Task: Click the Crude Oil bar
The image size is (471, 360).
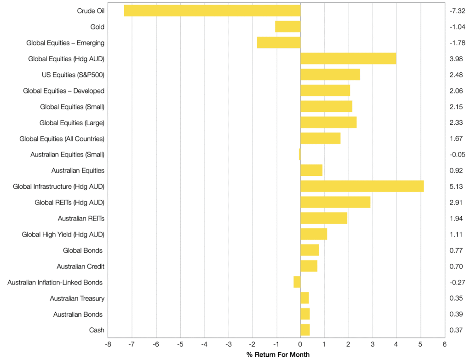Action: [x=212, y=11]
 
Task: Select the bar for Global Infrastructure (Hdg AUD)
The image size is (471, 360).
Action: [x=362, y=186]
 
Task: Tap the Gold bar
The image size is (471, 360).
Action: [x=287, y=27]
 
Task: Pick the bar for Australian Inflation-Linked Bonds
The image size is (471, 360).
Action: [x=297, y=282]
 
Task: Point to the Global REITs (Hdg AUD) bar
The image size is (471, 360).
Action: [x=335, y=202]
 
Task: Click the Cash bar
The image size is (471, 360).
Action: [x=304, y=330]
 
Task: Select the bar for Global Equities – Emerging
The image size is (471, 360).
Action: [x=278, y=43]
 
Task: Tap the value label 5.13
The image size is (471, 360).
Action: [x=457, y=186]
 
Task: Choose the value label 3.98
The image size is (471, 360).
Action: [x=457, y=59]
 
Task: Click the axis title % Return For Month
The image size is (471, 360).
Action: [x=278, y=354]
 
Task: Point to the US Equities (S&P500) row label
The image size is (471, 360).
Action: [x=73, y=75]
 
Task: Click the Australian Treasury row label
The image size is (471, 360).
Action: [x=77, y=298]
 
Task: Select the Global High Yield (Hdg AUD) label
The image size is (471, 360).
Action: [x=63, y=234]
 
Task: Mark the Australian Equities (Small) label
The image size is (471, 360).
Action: [x=67, y=155]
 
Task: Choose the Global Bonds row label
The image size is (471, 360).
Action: [x=83, y=250]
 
